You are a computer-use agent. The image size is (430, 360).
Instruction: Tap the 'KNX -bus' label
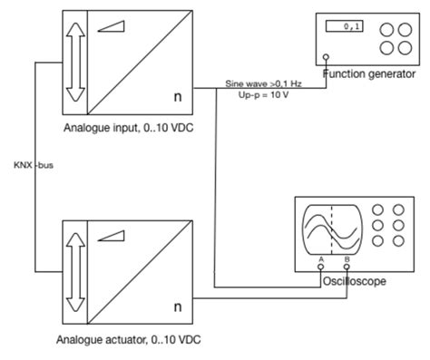(32, 166)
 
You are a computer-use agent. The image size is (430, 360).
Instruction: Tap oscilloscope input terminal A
(322, 266)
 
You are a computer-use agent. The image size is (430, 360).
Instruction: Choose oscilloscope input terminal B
(348, 266)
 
